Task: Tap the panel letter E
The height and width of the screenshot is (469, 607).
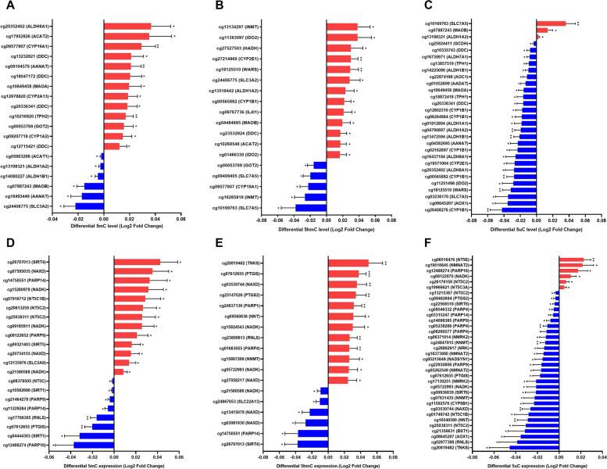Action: [214, 241]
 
